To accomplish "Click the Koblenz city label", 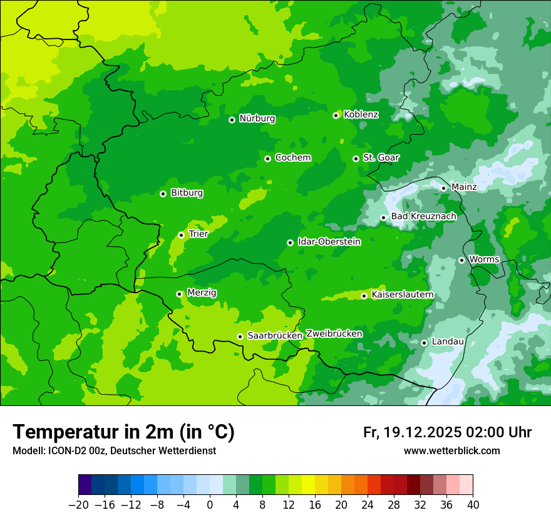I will (361, 115).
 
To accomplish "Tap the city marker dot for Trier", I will (181, 235).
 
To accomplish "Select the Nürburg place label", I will (257, 118).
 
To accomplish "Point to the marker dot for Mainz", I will (443, 188).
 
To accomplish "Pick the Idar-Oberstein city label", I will (329, 242).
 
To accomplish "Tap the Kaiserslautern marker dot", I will (364, 296).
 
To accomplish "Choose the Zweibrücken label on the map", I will (334, 334).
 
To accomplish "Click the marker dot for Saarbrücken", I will (240, 336).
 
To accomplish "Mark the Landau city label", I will (448, 341).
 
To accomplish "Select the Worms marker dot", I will (461, 260).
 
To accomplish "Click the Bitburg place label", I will (187, 193).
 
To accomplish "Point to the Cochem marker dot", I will (267, 159).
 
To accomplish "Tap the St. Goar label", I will (381, 158).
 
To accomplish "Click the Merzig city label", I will (202, 293).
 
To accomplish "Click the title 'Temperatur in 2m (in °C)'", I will (123, 432).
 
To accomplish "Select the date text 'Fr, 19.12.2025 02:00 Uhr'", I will (447, 432).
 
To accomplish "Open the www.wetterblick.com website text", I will (451, 450).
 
